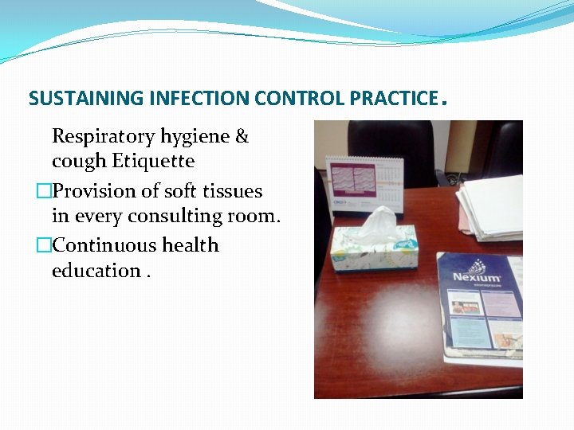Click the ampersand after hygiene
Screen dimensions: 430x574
tap(242, 137)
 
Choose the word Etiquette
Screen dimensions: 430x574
tap(153, 162)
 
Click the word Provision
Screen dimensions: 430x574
tap(92, 191)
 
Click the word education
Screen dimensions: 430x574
tap(96, 271)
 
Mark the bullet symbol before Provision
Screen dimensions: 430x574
tap(44, 192)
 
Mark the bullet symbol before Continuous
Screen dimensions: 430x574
tap(44, 246)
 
